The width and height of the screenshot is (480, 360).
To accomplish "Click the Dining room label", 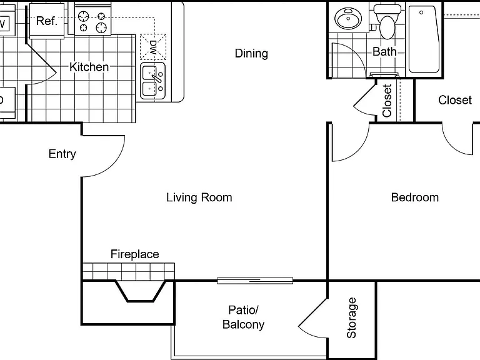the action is [x=251, y=53].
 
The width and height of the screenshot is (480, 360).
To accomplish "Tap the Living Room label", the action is [x=199, y=197].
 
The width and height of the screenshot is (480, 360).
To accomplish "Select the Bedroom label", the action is [x=415, y=197].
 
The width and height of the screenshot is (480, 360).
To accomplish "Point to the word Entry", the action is [x=62, y=154].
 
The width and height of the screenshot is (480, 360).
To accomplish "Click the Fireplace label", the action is [x=135, y=254].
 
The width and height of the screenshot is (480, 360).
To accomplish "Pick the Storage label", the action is [x=351, y=317].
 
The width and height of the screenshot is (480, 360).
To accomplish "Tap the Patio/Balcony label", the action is [x=243, y=317].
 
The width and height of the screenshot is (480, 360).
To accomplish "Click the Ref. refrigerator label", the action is [x=46, y=21].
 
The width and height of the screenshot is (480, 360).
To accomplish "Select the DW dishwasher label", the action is [x=152, y=47].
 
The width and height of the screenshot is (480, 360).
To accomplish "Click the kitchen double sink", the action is [x=152, y=81].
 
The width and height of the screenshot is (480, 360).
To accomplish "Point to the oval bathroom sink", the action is [x=348, y=18].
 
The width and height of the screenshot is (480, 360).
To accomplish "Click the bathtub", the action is [x=424, y=39].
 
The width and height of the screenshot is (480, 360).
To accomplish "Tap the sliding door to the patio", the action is [x=255, y=281].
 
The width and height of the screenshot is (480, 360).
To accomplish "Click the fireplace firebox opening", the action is [x=141, y=291].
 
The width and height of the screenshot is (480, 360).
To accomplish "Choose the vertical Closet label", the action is [x=387, y=101].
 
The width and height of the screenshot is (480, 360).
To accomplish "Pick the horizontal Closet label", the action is [x=455, y=100].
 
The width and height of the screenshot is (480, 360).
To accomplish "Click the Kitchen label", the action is [x=89, y=67].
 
